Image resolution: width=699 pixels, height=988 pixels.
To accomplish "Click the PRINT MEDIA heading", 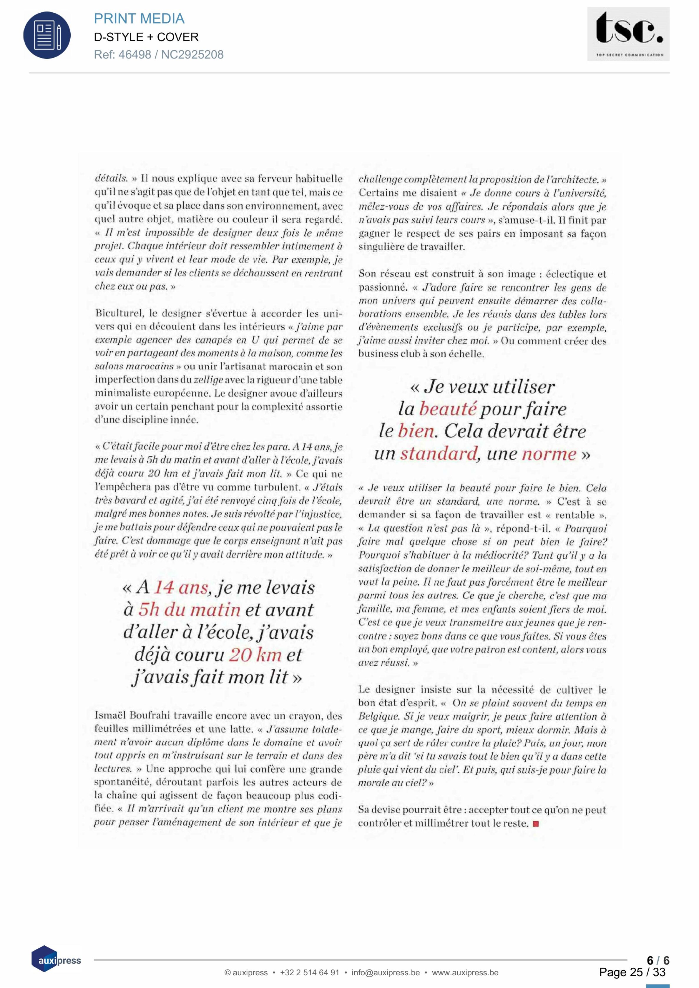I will [139, 19].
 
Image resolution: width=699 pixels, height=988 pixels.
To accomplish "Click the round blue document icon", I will [47, 35].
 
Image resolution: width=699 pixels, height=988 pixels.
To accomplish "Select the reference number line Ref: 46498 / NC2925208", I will [159, 55].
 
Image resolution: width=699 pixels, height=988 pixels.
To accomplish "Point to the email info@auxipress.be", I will [386, 972].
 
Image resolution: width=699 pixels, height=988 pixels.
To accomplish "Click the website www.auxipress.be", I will [465, 972].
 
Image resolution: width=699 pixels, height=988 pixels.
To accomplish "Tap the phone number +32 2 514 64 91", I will [309, 972].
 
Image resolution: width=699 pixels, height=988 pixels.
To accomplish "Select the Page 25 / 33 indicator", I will [632, 972].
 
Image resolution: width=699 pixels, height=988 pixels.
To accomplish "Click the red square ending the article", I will [536, 824].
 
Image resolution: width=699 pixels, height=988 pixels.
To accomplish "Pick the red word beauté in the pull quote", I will [448, 408].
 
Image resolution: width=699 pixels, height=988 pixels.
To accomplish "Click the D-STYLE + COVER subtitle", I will [146, 37].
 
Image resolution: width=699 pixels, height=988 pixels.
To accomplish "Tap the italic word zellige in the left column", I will [208, 380].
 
